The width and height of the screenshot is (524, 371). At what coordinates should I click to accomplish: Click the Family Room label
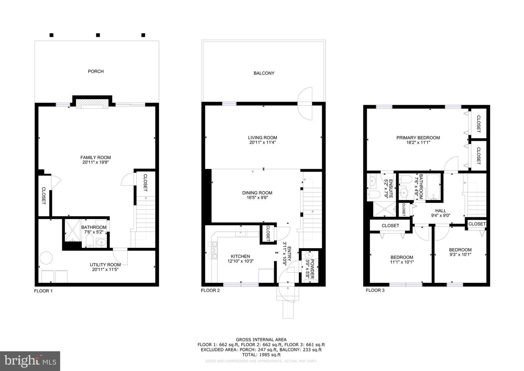point(96,157)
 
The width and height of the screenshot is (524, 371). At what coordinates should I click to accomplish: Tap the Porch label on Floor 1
point(96,71)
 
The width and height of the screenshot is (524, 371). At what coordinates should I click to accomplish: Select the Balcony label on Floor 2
point(264,73)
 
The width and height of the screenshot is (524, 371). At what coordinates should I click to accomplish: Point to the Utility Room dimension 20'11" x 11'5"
point(105,270)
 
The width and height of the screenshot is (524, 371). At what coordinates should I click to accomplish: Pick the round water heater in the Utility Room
point(46,258)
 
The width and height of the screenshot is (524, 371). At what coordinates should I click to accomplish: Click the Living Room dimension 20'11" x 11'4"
point(262,142)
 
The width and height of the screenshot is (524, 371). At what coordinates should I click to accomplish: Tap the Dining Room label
point(257,193)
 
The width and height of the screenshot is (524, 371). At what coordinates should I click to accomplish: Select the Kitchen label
point(241,256)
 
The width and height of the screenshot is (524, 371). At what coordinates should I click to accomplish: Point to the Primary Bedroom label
point(418,138)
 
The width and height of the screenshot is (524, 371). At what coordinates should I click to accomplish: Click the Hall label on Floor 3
point(440,211)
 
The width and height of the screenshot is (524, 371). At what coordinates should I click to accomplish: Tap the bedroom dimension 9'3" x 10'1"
point(460,255)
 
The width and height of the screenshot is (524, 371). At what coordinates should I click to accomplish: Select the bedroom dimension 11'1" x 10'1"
point(402,262)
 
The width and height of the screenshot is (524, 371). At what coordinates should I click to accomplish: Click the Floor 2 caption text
point(210,290)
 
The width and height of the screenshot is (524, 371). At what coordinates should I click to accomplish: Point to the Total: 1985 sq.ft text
point(261,355)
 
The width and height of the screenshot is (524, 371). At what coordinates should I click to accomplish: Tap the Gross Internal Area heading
point(261,340)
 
